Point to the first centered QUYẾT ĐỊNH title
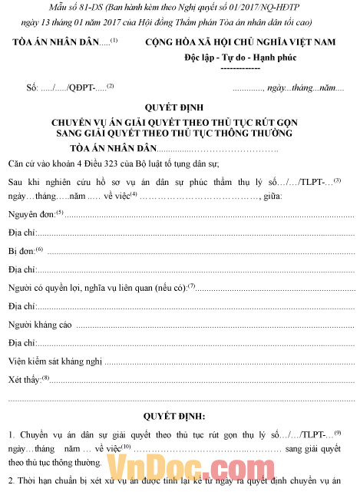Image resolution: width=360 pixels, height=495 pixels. [x=181, y=108]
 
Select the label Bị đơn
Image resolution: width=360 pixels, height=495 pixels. [x=21, y=250]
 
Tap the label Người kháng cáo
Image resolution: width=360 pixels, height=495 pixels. [x=40, y=325]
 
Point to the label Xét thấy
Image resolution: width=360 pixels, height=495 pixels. [x=25, y=379]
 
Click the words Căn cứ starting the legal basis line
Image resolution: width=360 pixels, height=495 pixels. [x=23, y=163]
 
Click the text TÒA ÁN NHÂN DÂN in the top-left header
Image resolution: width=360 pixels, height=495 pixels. [x=52, y=42]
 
